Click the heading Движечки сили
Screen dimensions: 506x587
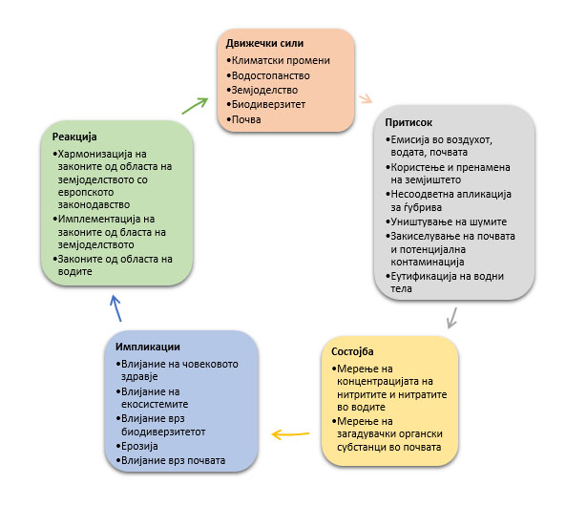[264, 43]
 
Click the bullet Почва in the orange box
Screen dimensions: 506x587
[246, 119]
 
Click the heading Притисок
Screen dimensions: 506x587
[409, 123]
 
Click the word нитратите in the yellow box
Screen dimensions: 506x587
[433, 394]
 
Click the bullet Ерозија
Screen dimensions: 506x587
[141, 445]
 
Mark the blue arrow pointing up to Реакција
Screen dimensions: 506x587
[115, 306]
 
